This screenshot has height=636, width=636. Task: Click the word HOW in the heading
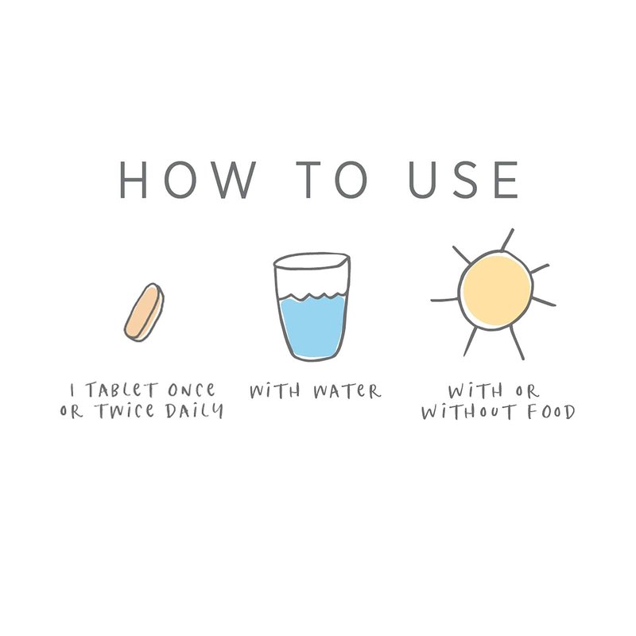click(x=188, y=180)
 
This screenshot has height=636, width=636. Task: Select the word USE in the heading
click(x=463, y=180)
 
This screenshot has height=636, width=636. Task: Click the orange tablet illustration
click(x=145, y=312)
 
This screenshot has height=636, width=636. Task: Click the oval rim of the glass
click(x=312, y=261)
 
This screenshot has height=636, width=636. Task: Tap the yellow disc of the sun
click(x=496, y=290)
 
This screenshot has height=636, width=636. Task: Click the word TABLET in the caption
click(x=121, y=390)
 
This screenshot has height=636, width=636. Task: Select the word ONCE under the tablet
click(x=192, y=390)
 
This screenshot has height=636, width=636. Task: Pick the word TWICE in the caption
click(x=125, y=411)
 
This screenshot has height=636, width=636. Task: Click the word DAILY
click(x=194, y=411)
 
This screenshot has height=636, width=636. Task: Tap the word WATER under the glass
click(x=347, y=391)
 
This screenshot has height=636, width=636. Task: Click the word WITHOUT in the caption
click(x=468, y=412)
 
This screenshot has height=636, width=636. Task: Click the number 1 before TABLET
click(x=72, y=390)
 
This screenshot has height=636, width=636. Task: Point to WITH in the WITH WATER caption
click(x=275, y=391)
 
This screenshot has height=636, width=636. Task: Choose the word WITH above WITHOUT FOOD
click(x=475, y=391)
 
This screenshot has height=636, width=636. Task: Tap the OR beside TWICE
click(x=72, y=411)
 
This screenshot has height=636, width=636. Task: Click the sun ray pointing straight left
click(x=445, y=300)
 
